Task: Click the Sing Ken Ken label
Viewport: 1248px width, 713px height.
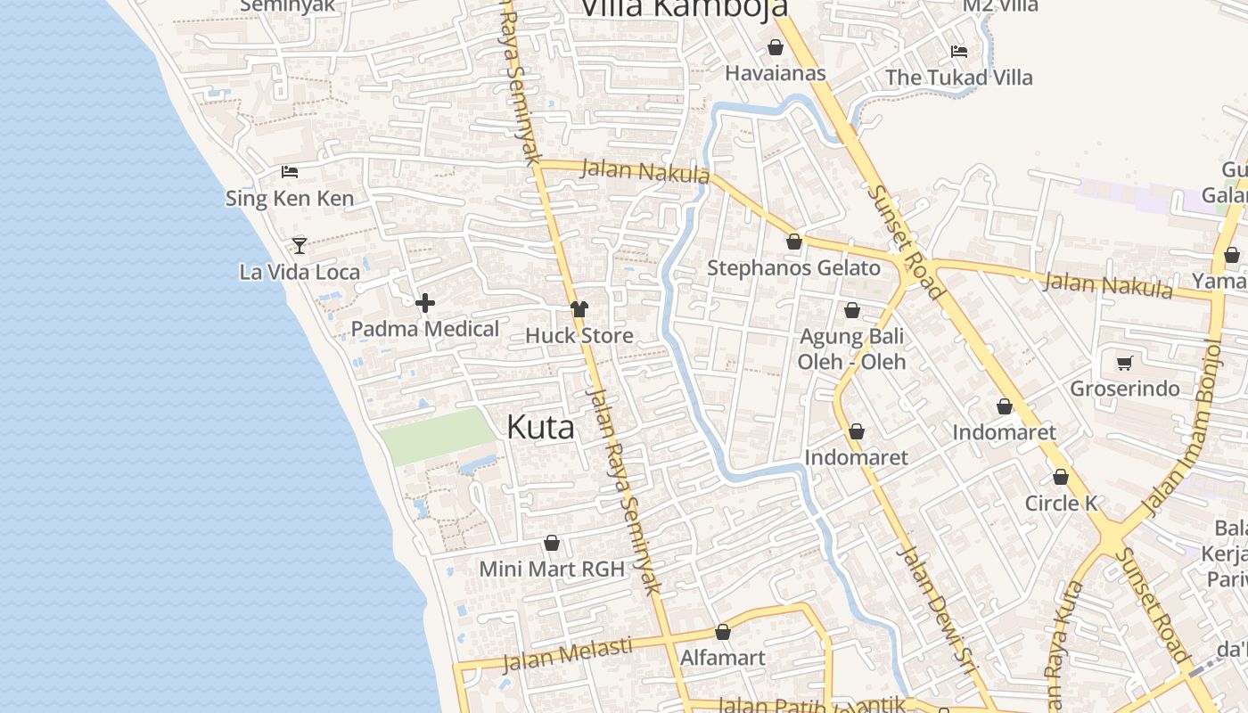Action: (290, 198)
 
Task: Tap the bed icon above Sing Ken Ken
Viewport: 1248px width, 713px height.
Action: (290, 172)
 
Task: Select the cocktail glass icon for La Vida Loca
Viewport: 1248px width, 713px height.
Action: (300, 245)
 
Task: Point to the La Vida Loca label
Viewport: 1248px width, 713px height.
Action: (300, 272)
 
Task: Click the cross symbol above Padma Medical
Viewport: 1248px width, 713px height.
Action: (425, 303)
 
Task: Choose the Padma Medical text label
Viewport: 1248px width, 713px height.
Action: (425, 329)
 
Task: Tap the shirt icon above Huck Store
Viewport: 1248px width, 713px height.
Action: (579, 309)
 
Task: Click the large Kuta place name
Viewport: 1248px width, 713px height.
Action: (540, 427)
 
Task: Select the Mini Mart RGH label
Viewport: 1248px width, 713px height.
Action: (552, 569)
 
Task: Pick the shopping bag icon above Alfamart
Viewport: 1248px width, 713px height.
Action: (723, 632)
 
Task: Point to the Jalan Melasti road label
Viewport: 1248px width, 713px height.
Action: (568, 655)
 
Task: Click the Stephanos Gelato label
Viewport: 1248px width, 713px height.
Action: (793, 267)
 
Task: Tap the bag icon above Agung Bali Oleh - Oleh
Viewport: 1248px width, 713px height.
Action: (852, 310)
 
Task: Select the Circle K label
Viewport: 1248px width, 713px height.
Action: (1061, 503)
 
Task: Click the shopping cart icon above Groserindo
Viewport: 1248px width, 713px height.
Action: (1124, 363)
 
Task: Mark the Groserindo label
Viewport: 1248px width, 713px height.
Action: (1124, 389)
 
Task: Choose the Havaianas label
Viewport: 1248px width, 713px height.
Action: (776, 73)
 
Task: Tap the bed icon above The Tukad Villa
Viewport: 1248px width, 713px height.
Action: (959, 52)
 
